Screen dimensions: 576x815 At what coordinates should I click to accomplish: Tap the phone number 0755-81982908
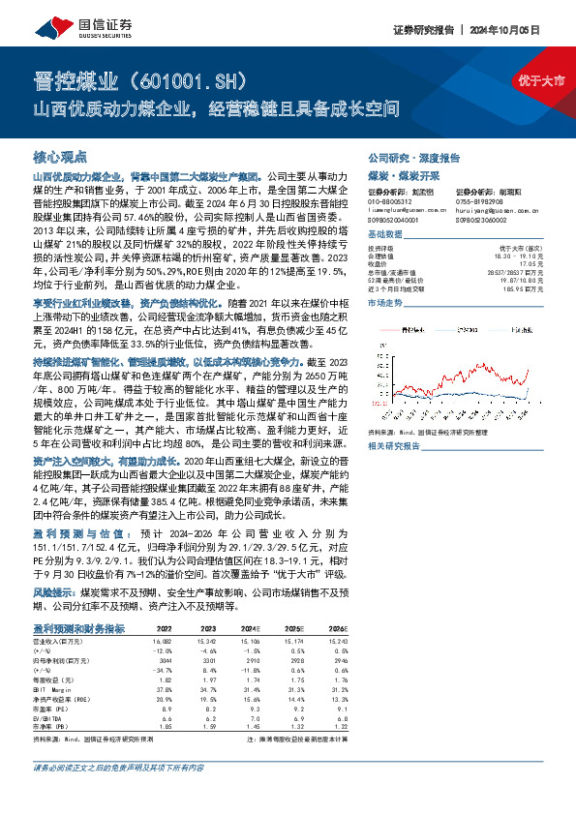(481, 200)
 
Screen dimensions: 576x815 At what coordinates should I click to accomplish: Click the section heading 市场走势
(385, 303)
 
